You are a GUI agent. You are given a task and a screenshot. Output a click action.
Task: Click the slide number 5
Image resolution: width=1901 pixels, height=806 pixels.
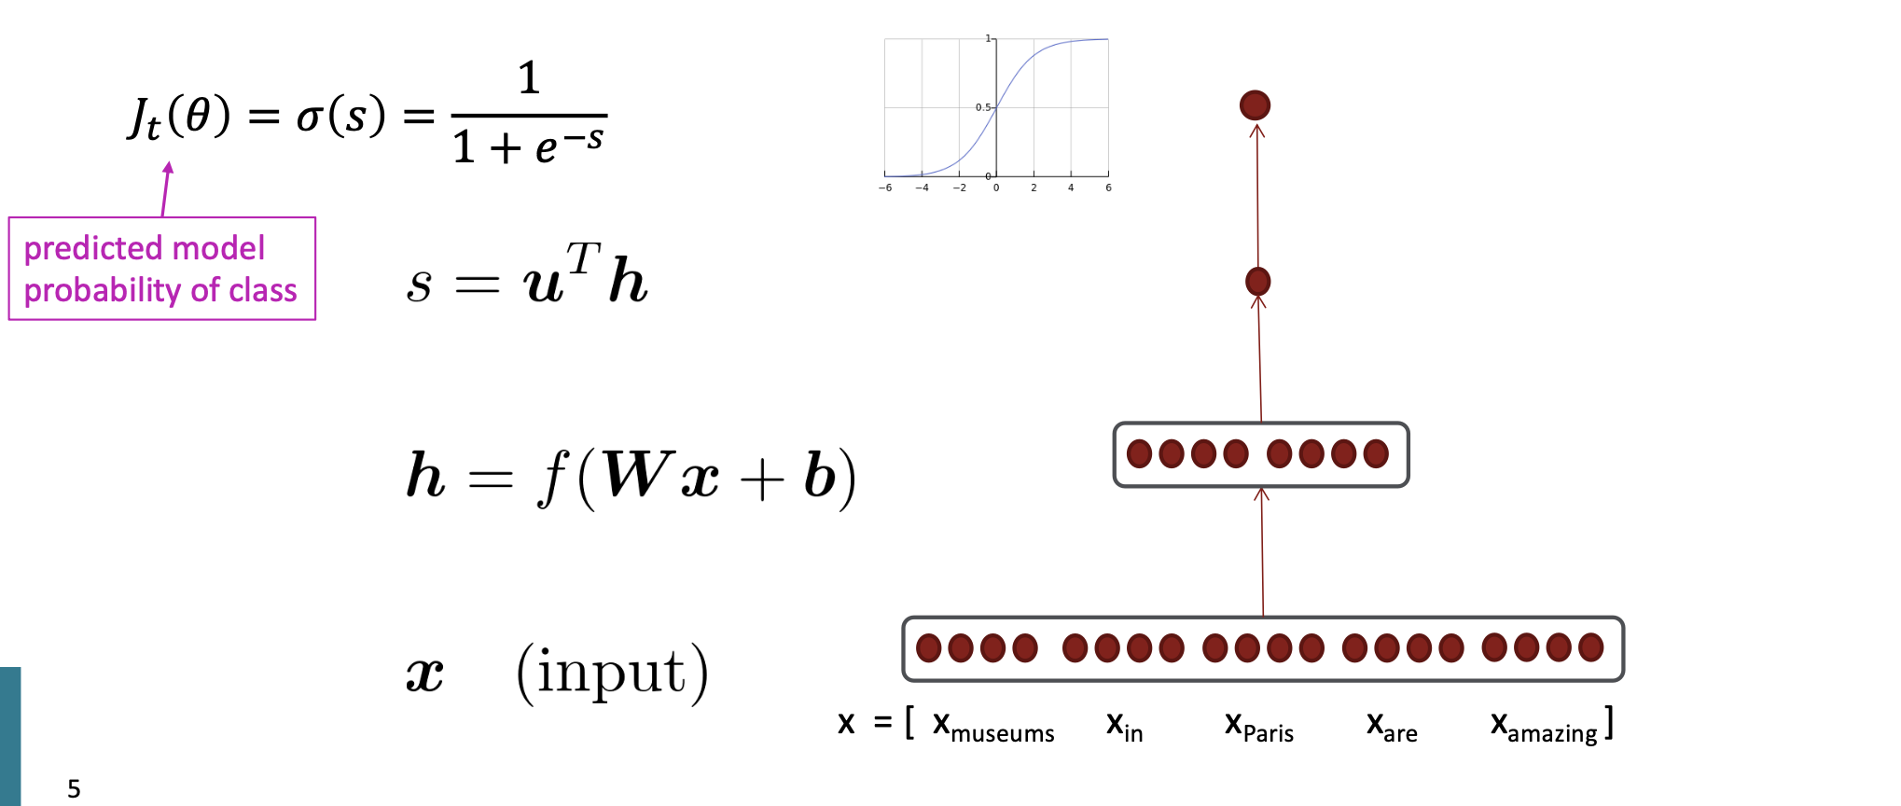(74, 789)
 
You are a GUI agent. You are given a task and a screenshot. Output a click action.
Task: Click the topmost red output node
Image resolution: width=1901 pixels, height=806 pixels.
(1255, 105)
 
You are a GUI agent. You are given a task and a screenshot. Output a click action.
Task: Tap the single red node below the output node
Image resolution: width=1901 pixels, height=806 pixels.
(1257, 281)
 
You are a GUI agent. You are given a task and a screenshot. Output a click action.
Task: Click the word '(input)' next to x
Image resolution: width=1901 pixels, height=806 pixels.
(612, 672)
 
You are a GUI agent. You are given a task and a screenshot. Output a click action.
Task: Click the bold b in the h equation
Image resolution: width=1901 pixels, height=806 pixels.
(819, 475)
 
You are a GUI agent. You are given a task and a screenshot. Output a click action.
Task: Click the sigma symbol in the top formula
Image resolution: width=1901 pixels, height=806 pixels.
(310, 117)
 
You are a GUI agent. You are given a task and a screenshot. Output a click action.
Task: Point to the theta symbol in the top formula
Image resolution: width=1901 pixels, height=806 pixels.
(198, 115)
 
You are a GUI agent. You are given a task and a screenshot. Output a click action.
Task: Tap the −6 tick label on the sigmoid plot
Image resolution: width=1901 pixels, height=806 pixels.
(884, 188)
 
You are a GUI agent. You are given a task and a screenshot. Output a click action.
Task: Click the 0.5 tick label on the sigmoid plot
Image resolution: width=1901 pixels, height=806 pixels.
(982, 107)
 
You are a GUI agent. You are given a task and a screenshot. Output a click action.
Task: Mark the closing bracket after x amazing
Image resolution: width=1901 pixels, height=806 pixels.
(1610, 723)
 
